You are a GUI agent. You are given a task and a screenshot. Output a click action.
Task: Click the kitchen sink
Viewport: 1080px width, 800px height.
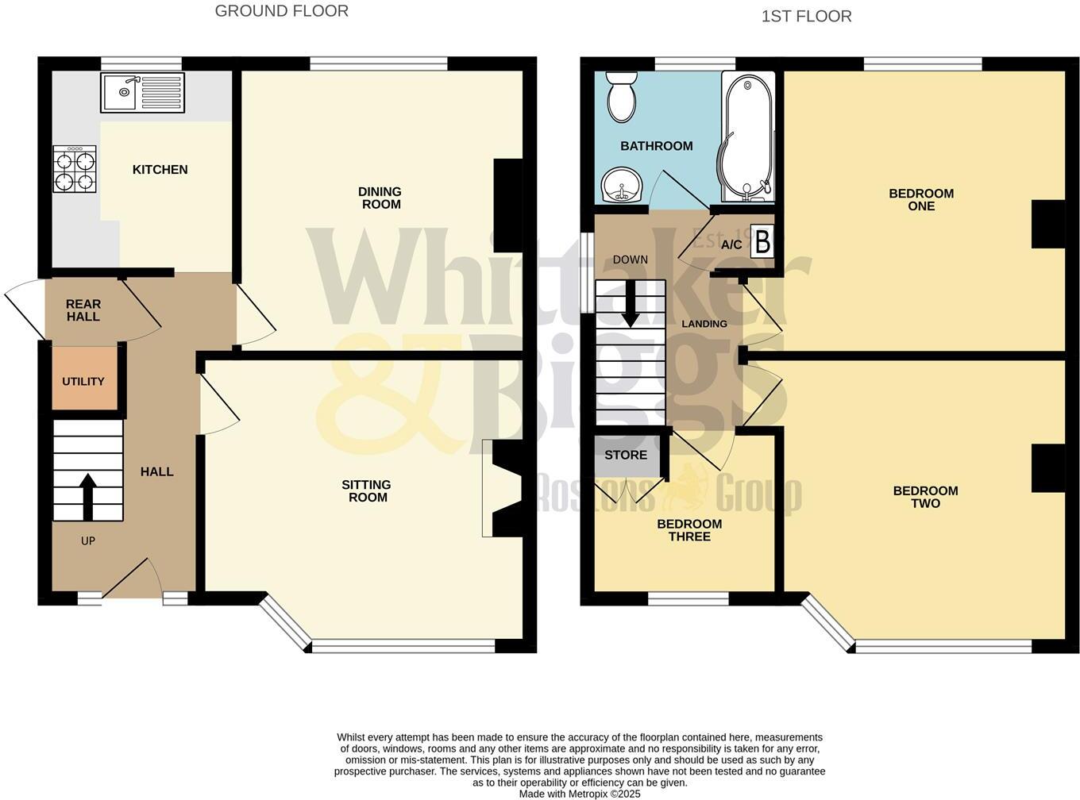click(x=142, y=92)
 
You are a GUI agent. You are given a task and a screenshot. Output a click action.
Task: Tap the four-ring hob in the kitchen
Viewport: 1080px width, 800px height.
click(x=75, y=169)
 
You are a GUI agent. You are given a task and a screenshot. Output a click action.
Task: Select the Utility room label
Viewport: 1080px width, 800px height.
click(x=83, y=381)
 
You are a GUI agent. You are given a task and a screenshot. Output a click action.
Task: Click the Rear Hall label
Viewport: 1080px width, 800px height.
click(x=83, y=310)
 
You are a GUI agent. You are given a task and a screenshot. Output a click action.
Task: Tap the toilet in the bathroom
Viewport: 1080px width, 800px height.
click(x=621, y=96)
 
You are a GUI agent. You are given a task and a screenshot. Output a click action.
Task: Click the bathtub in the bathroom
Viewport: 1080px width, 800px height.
click(x=746, y=135)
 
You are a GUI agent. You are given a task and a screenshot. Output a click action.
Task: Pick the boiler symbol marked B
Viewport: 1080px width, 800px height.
click(x=762, y=242)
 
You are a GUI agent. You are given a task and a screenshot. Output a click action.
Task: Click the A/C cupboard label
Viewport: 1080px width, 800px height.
click(x=731, y=244)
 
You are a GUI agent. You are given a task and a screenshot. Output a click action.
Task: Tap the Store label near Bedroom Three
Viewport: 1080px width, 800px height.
click(x=626, y=455)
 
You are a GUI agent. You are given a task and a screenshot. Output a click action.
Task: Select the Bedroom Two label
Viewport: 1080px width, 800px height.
click(x=925, y=497)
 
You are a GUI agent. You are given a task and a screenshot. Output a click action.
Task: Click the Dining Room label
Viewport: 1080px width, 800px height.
click(x=380, y=198)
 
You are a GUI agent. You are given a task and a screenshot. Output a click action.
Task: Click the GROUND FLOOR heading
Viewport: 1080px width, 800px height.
click(x=282, y=11)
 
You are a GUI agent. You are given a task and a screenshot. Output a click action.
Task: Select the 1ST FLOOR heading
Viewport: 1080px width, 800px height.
click(x=806, y=16)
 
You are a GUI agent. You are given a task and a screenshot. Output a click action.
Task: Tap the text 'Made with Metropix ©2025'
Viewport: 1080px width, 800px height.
click(x=580, y=794)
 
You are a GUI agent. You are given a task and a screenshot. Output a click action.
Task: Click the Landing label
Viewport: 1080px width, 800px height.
click(x=704, y=324)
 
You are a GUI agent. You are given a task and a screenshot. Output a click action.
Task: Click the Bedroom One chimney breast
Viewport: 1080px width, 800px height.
click(x=1047, y=224)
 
